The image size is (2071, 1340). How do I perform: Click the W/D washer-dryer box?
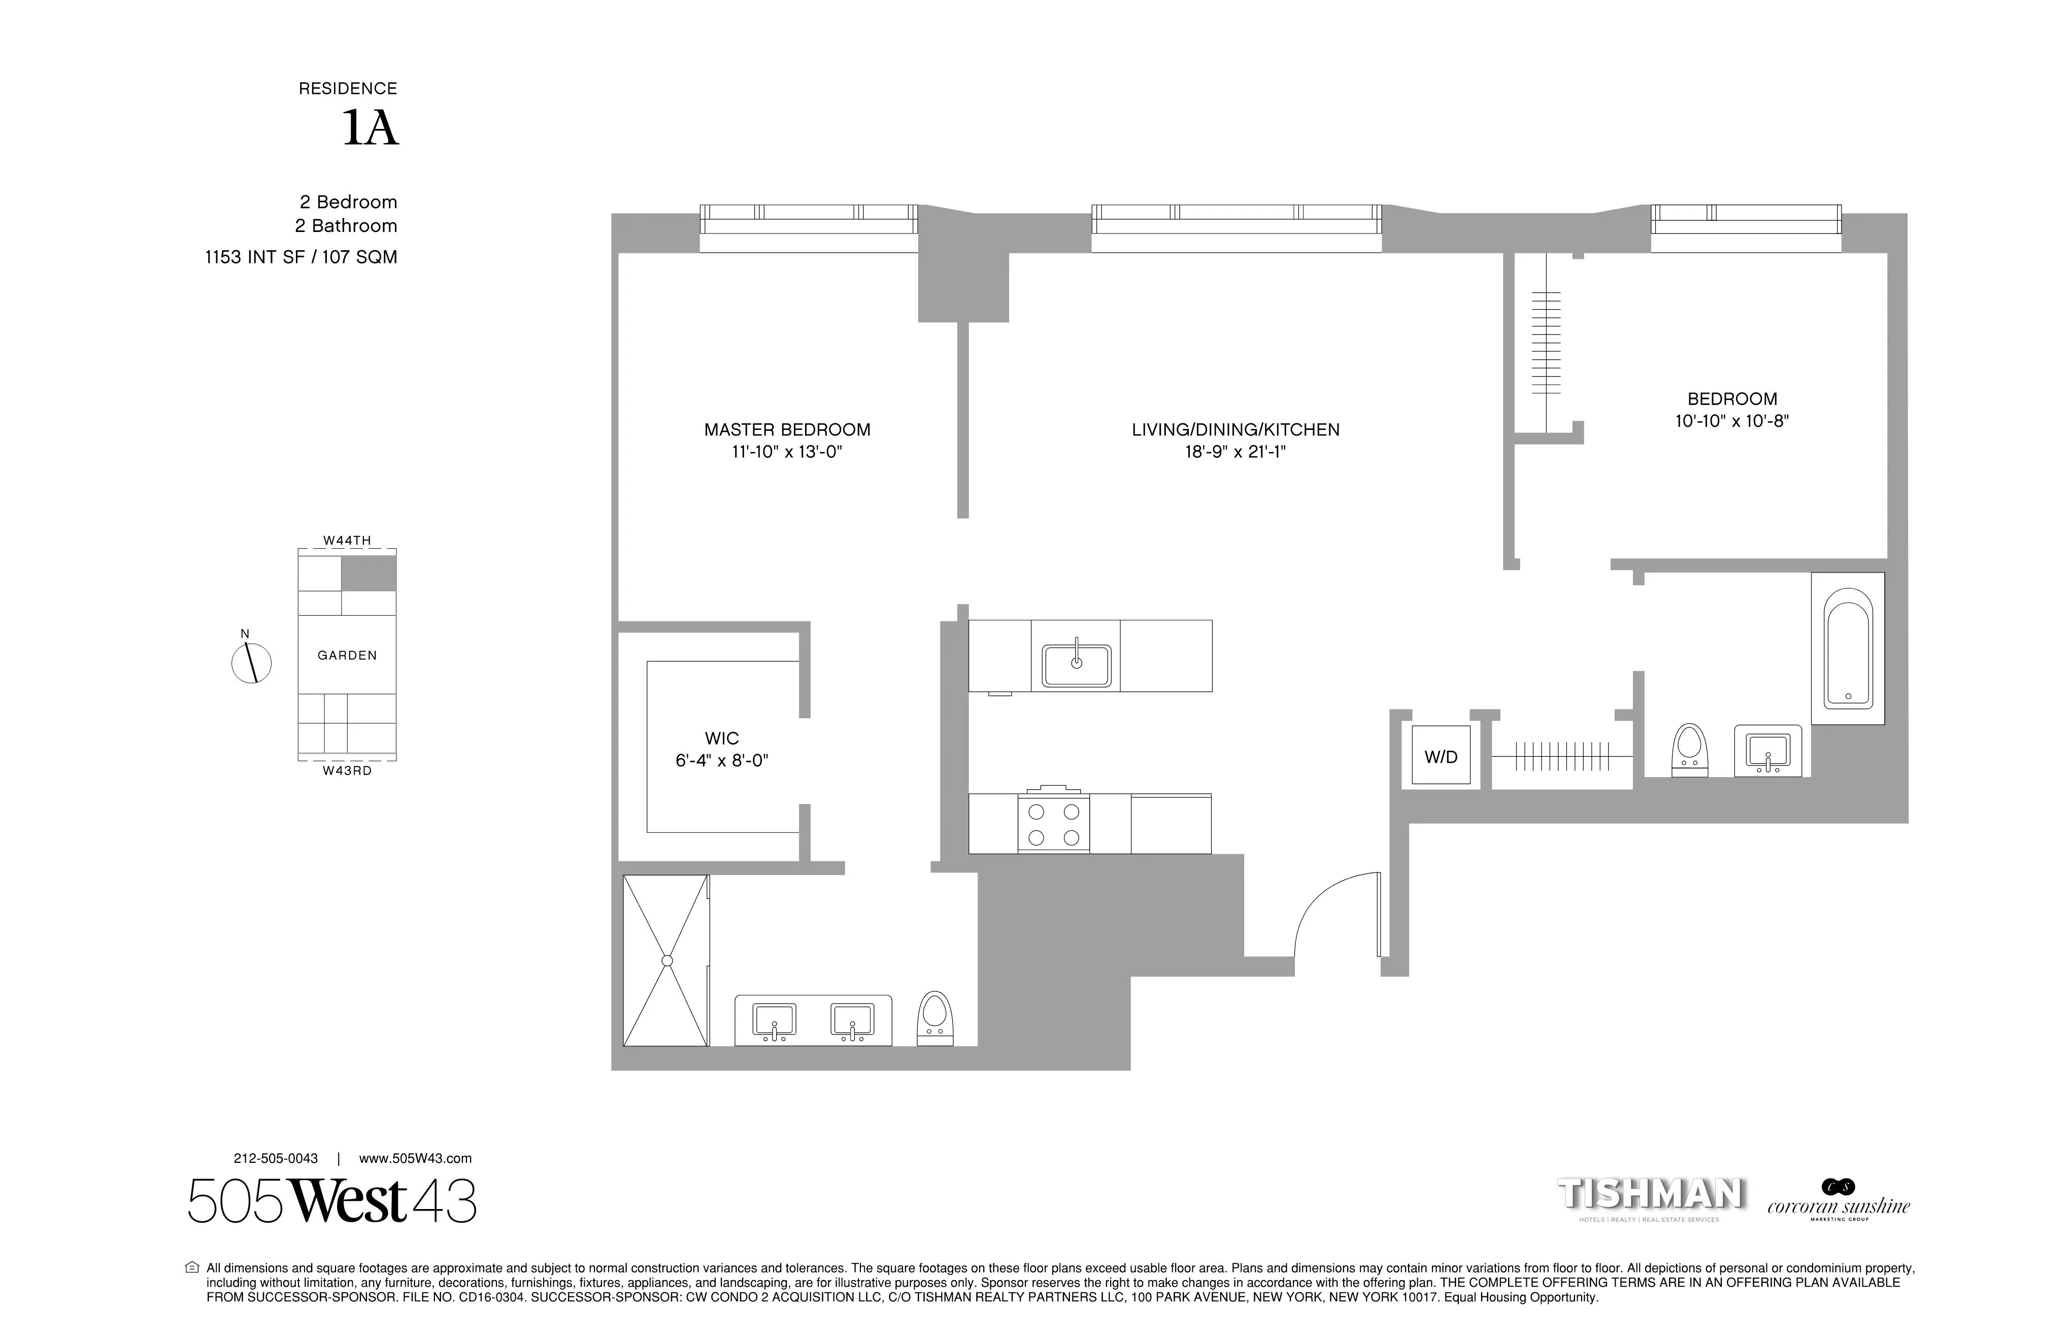tap(1440, 755)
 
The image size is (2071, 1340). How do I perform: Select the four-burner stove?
tap(1053, 824)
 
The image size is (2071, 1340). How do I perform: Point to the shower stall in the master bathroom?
tap(666, 960)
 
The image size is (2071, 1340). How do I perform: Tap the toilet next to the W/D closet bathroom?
tap(1690, 748)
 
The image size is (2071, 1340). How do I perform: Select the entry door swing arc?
tap(1331, 914)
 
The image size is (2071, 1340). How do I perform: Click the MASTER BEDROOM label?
tap(787, 430)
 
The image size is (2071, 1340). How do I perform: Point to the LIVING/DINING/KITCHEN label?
tap(1235, 430)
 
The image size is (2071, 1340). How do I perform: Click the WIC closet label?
tap(721, 739)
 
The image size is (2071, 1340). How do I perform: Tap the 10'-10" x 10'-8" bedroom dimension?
tap(1731, 422)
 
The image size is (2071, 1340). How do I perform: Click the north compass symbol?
tap(251, 663)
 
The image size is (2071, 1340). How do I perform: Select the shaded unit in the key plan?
tap(368, 574)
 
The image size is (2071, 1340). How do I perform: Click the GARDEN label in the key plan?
tap(347, 655)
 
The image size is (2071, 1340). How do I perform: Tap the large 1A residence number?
tap(370, 129)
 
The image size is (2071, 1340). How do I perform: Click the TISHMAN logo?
tap(1649, 1195)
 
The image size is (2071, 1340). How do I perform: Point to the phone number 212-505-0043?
tap(276, 1158)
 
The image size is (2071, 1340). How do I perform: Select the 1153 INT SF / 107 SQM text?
tap(301, 257)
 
